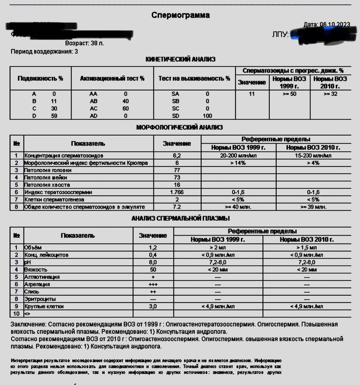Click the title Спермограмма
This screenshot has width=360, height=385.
[180, 15]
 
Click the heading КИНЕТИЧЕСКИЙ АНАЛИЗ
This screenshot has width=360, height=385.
[180, 59]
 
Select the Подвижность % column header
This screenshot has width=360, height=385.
[40, 78]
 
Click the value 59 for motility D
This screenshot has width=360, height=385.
[54, 116]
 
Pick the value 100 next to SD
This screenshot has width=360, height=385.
[207, 116]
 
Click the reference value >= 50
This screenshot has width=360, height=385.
[289, 94]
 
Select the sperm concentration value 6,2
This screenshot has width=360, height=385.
[177, 156]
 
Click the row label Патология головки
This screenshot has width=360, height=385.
[48, 170]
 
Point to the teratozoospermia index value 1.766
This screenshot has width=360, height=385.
[177, 192]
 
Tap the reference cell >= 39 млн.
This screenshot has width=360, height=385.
[314, 207]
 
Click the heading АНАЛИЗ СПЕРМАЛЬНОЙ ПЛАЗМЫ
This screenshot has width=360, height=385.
[180, 219]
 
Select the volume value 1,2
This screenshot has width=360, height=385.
[153, 248]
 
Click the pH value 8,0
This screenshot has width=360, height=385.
[153, 262]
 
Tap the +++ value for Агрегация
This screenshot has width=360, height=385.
[153, 284]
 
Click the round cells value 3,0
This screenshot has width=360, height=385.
[153, 306]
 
